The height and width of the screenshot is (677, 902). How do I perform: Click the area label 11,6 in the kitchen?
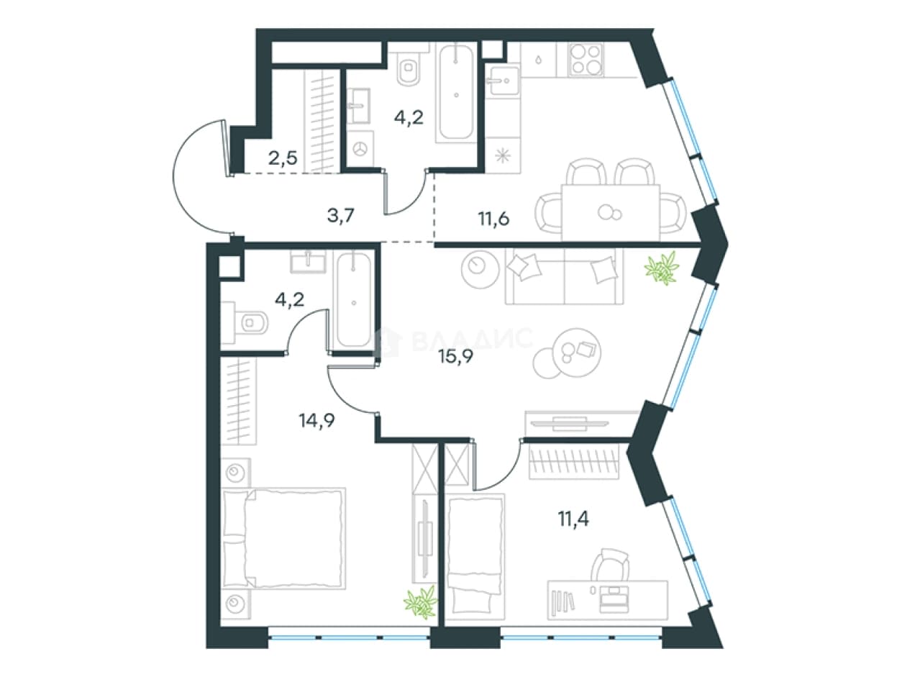pyautogui.click(x=493, y=218)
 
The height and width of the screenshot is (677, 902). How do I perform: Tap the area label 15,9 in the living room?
pyautogui.click(x=455, y=356)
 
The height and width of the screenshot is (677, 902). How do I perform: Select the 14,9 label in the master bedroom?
pyautogui.click(x=316, y=420)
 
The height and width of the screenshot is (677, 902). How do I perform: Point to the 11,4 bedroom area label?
pyautogui.click(x=573, y=519)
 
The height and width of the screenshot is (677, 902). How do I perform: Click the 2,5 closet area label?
pyautogui.click(x=283, y=158)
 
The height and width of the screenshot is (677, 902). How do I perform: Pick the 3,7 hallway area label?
pyautogui.click(x=341, y=215)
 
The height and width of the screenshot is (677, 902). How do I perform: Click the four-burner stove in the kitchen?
pyautogui.click(x=586, y=60)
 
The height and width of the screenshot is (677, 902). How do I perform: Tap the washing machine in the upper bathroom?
pyautogui.click(x=360, y=149)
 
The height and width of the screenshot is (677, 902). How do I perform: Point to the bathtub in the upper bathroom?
pyautogui.click(x=456, y=93)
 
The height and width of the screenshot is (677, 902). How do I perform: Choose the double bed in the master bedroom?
pyautogui.click(x=283, y=539)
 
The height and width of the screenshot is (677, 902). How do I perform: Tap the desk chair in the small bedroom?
pyautogui.click(x=610, y=564)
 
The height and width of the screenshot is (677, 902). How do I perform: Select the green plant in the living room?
pyautogui.click(x=662, y=268)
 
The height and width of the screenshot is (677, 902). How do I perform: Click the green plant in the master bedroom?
pyautogui.click(x=421, y=603)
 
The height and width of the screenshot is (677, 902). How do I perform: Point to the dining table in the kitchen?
pyautogui.click(x=611, y=213)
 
